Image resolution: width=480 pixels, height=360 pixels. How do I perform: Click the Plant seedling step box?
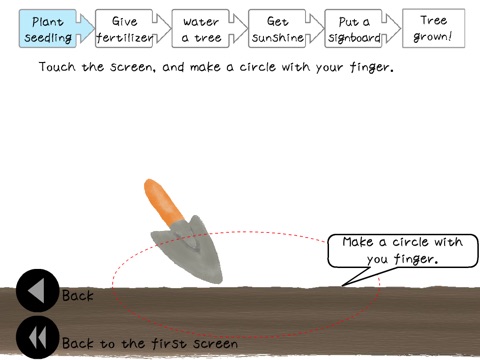[x=47, y=29]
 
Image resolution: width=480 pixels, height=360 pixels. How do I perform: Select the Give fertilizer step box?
[x=124, y=29]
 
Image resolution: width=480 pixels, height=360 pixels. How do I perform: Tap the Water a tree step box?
[x=200, y=29]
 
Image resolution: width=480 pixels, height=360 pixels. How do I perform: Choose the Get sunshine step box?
[x=277, y=29]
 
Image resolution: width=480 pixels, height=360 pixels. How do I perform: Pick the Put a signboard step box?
[x=353, y=29]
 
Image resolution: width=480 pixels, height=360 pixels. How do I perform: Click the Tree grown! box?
[x=433, y=28]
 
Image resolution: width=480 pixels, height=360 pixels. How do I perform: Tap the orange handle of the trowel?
[x=163, y=202]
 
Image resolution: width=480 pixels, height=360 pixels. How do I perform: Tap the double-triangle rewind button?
[x=37, y=337]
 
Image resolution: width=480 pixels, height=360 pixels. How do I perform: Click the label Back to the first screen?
[x=150, y=343]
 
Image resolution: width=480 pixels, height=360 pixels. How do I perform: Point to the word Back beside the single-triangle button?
[x=78, y=296]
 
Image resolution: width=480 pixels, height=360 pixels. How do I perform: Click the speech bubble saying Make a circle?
[x=403, y=251]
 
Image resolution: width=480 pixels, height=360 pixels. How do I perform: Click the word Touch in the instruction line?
[x=57, y=67]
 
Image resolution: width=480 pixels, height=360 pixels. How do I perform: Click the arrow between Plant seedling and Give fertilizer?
[x=85, y=28]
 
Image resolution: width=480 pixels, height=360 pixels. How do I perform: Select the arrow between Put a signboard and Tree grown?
[x=391, y=28]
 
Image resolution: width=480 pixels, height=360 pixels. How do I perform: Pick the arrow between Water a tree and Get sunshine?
[x=238, y=28]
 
